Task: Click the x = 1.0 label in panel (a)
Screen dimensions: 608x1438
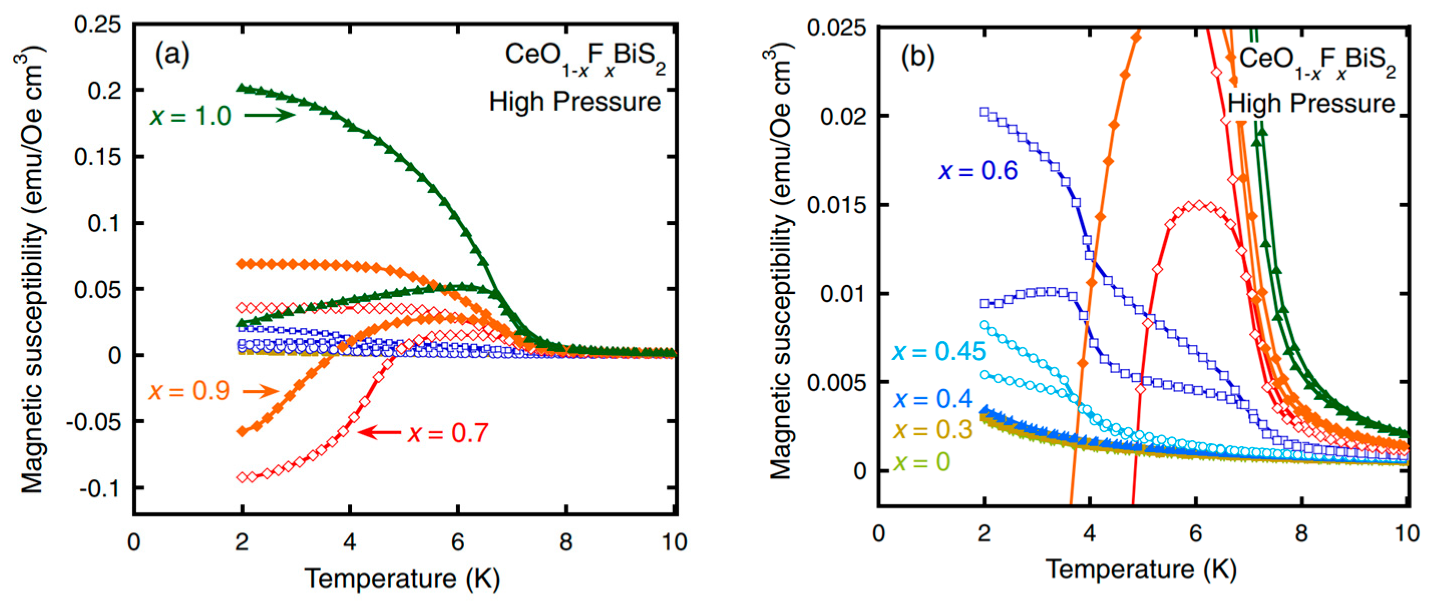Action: tap(190, 116)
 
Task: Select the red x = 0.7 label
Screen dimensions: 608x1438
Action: tap(448, 433)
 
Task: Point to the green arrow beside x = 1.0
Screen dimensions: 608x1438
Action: tap(270, 115)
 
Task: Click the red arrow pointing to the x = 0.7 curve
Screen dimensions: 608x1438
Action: tap(379, 432)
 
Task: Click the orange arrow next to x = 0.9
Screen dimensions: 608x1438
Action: tap(260, 391)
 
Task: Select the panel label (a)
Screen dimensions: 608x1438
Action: tap(172, 55)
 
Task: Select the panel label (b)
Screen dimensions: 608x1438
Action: tap(918, 57)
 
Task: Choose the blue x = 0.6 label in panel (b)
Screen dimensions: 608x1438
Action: tap(978, 170)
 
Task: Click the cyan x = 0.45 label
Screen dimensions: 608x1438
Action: tap(939, 352)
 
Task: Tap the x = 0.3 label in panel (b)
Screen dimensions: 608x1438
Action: tap(933, 430)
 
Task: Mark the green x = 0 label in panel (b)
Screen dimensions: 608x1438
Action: tap(922, 462)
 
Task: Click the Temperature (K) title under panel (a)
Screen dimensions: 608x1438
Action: tap(402, 578)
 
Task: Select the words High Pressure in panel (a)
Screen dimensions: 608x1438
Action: tap(575, 102)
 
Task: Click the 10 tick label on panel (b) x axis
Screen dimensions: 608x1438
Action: tap(1407, 534)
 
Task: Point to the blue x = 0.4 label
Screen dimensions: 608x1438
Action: tap(933, 398)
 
